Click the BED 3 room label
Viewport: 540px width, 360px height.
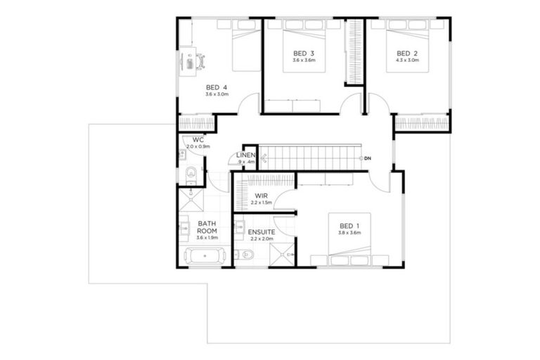pyautogui.click(x=303, y=53)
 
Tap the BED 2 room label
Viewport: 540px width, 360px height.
pyautogui.click(x=407, y=53)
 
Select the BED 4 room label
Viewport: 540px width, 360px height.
pyautogui.click(x=217, y=87)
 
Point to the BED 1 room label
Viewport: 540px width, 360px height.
pyautogui.click(x=349, y=226)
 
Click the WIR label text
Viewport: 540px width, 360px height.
pyautogui.click(x=261, y=196)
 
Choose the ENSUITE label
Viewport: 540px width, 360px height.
pyautogui.click(x=261, y=231)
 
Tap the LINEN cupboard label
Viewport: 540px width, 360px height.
pyautogui.click(x=245, y=155)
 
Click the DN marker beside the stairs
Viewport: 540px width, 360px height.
pyautogui.click(x=366, y=158)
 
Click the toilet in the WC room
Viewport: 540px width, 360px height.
pyautogui.click(x=191, y=173)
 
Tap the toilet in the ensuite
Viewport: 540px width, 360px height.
pyautogui.click(x=245, y=256)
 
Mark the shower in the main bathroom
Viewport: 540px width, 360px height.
pyautogui.click(x=191, y=200)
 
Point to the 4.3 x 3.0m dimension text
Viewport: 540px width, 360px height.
pyautogui.click(x=407, y=60)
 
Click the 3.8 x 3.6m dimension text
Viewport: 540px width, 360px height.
pyautogui.click(x=349, y=233)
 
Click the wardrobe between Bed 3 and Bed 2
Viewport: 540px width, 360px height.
pyautogui.click(x=354, y=53)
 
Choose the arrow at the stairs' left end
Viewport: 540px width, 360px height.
pyautogui.click(x=263, y=159)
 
